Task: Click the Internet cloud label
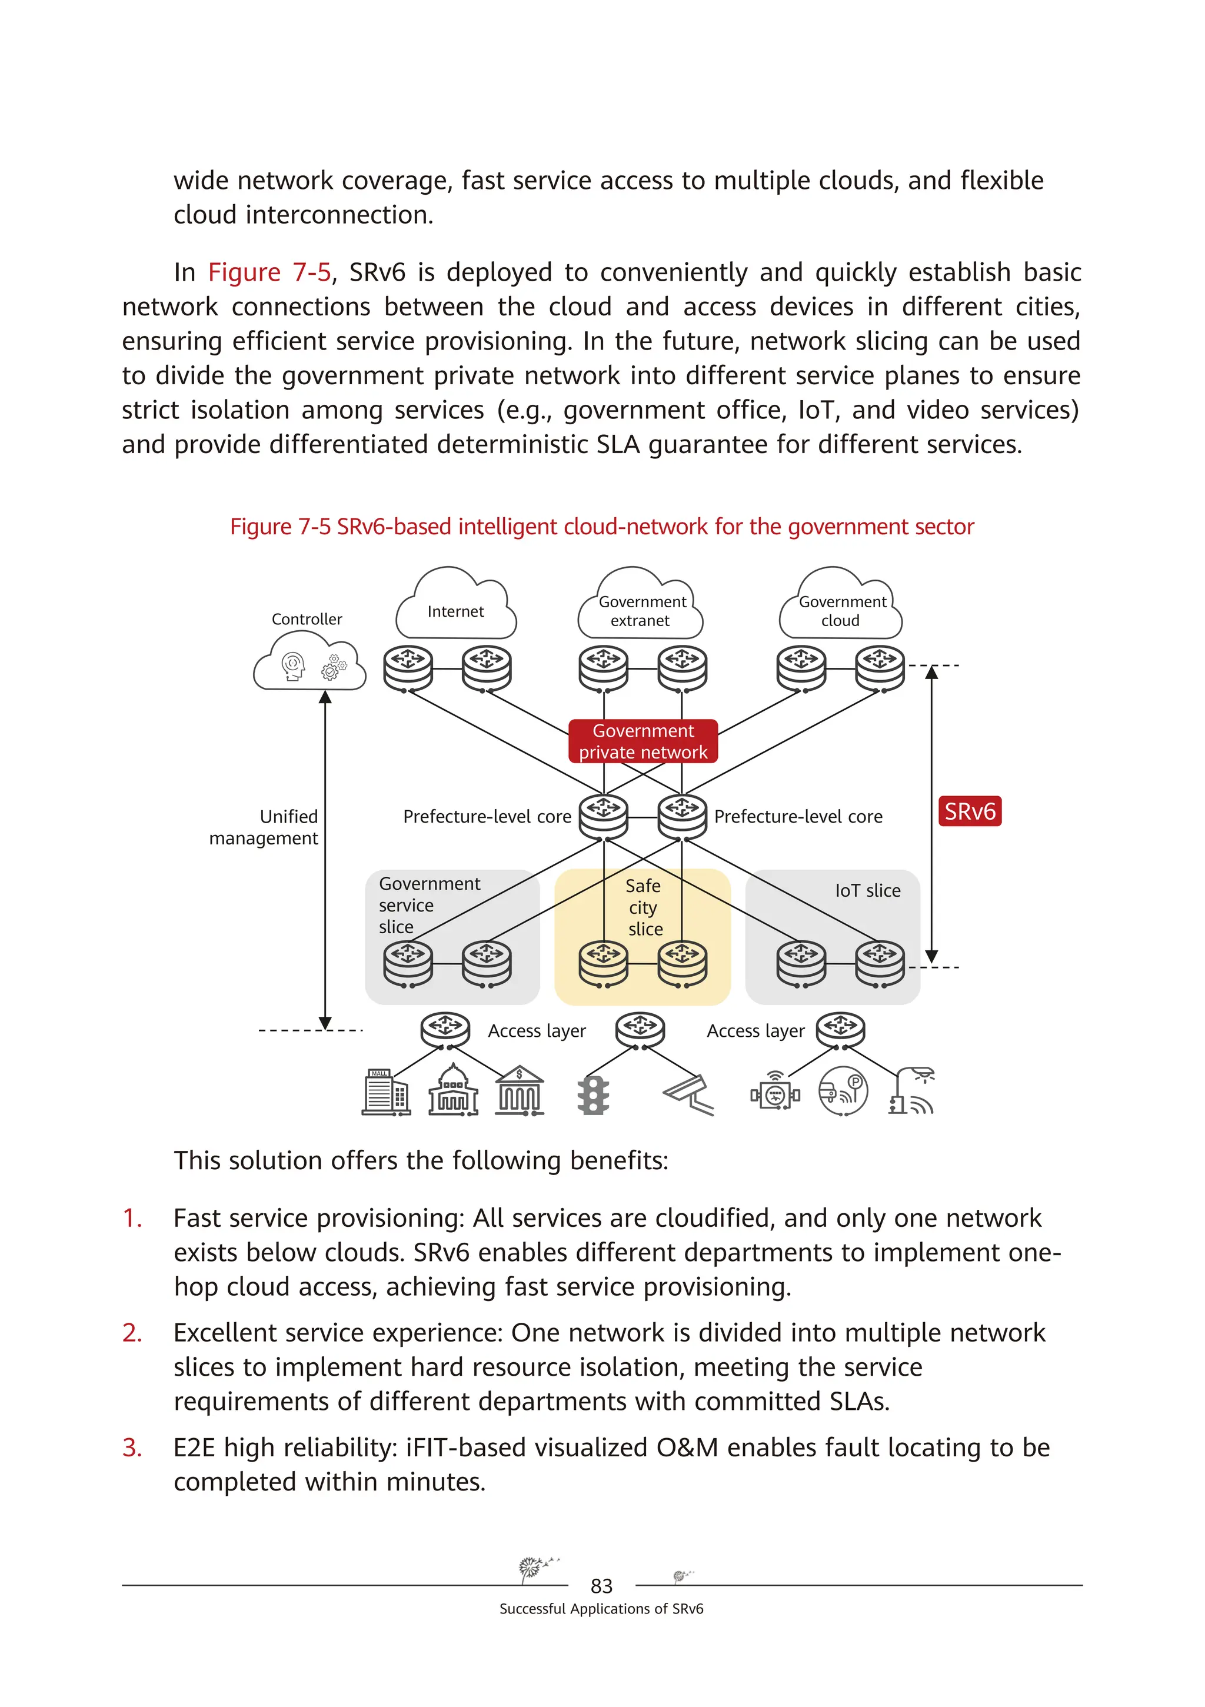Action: (x=455, y=611)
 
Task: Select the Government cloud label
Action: (x=841, y=611)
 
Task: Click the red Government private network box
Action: (x=643, y=741)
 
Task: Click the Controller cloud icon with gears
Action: (x=309, y=663)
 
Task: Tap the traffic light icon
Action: (x=593, y=1095)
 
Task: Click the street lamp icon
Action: (x=911, y=1092)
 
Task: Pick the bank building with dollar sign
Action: (x=520, y=1092)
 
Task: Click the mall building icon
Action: (x=386, y=1092)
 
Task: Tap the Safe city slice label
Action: (x=644, y=907)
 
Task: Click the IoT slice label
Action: (x=867, y=891)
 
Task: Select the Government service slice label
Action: (x=429, y=905)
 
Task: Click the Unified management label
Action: (x=265, y=827)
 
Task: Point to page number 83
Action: (x=601, y=1586)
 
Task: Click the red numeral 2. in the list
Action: (x=132, y=1333)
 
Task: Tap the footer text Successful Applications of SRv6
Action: (x=601, y=1609)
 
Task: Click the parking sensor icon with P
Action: (x=843, y=1092)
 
